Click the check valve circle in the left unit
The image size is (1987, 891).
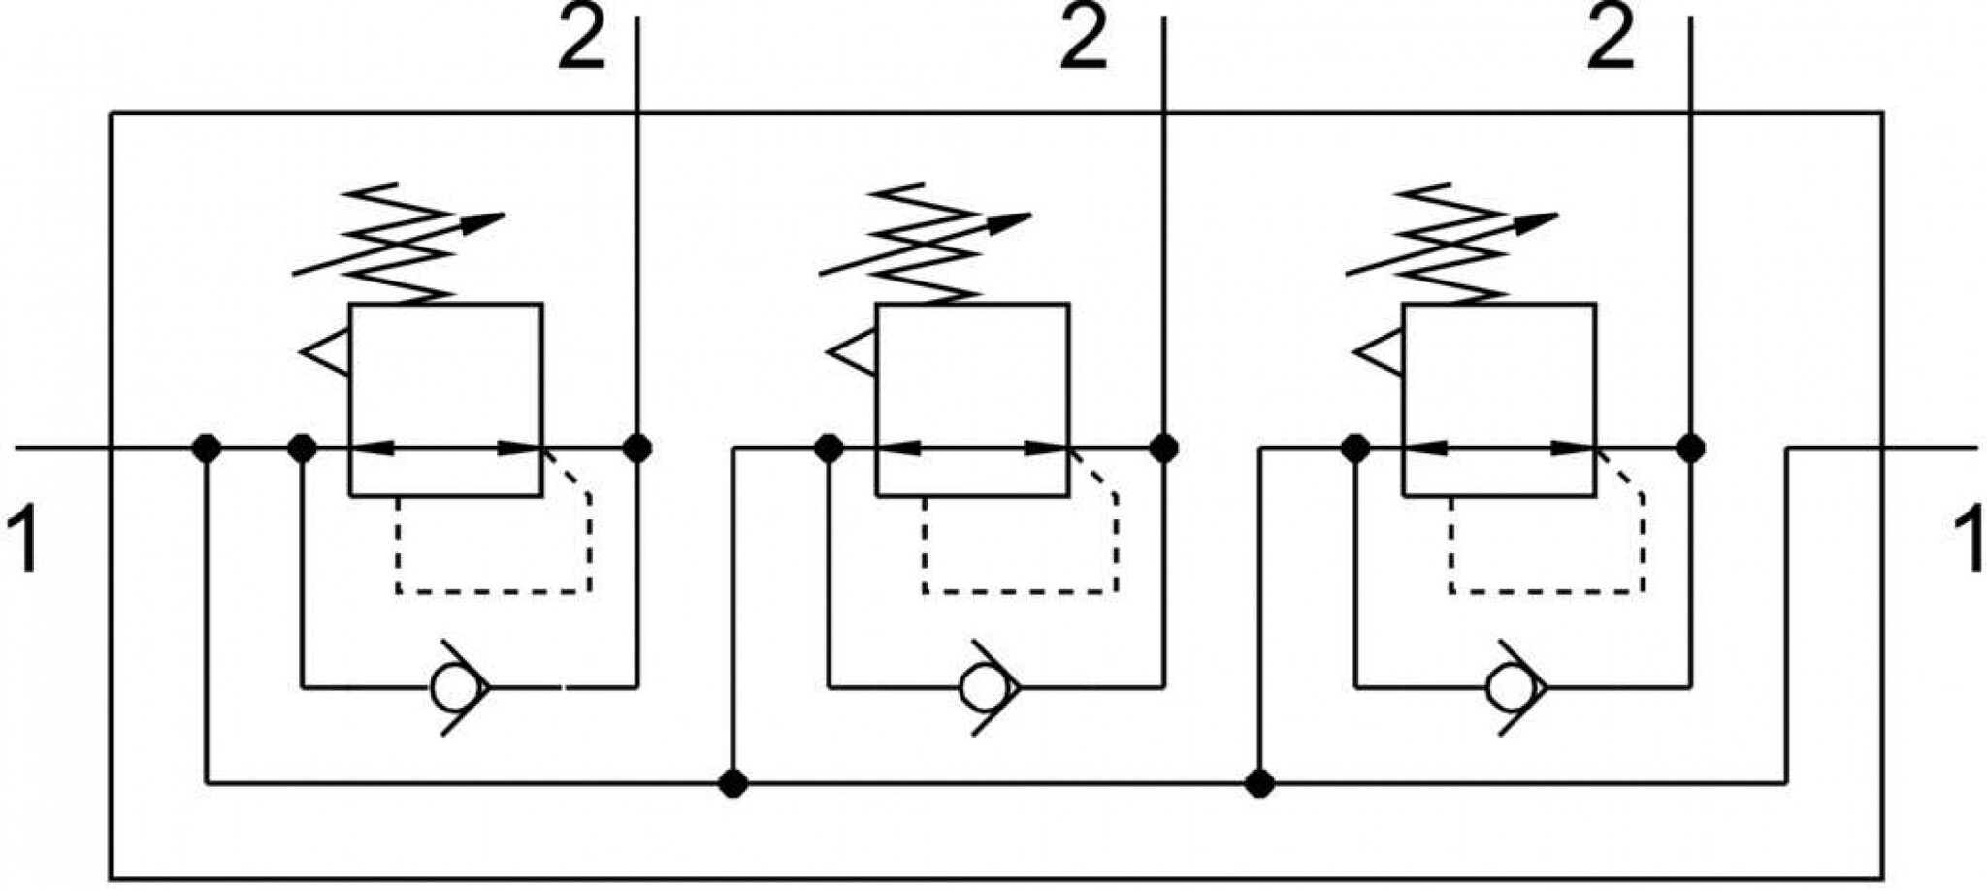coord(452,688)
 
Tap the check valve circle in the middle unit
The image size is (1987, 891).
coord(980,688)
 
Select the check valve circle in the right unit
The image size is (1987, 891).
coord(1507,688)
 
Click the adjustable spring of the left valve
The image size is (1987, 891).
coord(399,244)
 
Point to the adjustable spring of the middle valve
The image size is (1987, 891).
coord(925,244)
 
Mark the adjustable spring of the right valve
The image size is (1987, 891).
coord(1451,244)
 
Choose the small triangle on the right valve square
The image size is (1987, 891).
coord(1380,351)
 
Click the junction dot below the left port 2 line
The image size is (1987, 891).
coord(636,448)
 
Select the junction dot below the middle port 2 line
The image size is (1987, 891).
coord(1163,448)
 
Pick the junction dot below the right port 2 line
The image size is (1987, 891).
coord(1691,448)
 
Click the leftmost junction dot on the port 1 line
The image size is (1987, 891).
coord(207,448)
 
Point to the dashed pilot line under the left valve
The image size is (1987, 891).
coord(494,591)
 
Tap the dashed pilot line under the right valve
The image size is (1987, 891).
coord(1547,591)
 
